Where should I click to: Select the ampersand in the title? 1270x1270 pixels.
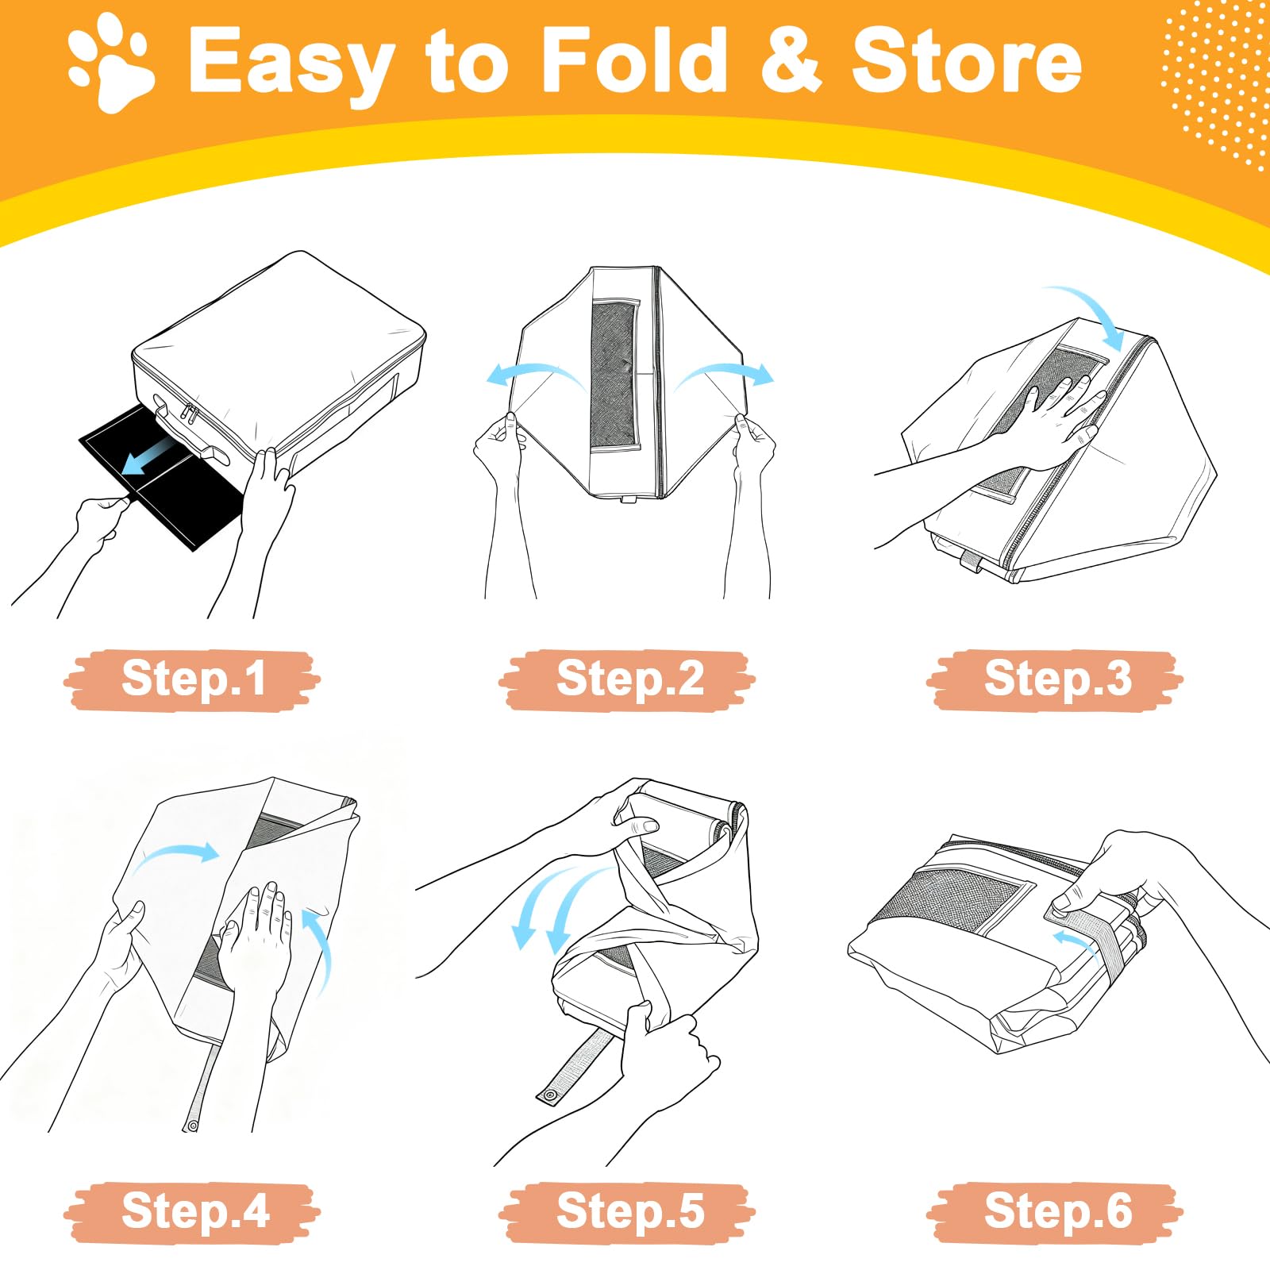click(790, 60)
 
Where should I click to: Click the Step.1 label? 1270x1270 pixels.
click(192, 679)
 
